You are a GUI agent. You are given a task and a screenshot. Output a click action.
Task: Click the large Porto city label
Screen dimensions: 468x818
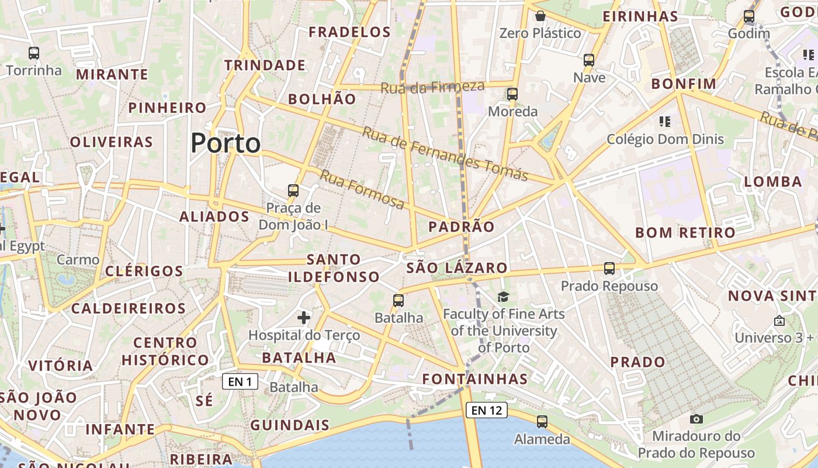(226, 143)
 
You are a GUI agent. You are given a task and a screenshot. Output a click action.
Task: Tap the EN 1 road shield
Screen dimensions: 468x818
(240, 382)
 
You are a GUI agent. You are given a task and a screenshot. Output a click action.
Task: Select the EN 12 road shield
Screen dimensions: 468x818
(486, 410)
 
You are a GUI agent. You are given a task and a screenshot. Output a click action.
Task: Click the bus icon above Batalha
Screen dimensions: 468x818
(398, 301)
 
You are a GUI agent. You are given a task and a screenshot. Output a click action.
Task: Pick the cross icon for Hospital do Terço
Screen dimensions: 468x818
(304, 318)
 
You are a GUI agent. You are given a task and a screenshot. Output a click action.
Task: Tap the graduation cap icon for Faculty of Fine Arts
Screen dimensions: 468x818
(504, 297)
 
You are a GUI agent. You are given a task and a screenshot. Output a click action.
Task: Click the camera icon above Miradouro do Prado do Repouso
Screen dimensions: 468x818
(696, 419)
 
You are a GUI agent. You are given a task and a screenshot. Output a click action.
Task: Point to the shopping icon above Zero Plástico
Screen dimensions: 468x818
(540, 16)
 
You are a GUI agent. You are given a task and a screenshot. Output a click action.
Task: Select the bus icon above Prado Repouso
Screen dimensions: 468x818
(609, 269)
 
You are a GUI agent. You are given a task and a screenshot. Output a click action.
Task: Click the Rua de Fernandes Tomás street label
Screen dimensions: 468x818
(445, 153)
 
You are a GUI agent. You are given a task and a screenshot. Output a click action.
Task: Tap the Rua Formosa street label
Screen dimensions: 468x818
(362, 190)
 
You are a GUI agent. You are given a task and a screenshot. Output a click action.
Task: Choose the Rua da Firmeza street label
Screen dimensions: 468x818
(432, 87)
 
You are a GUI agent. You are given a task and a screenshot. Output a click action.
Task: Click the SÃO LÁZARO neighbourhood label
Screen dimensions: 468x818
(457, 268)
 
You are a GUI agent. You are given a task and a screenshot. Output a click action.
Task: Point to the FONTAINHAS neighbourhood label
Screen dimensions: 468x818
(475, 378)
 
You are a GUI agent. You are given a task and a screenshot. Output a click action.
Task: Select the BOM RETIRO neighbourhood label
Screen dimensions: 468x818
(685, 232)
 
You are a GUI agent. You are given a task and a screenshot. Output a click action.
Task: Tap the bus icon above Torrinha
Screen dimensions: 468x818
(34, 53)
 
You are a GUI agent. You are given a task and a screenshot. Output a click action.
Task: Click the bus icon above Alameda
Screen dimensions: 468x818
(542, 421)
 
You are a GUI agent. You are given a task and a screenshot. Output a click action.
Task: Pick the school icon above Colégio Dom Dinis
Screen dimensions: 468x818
(664, 122)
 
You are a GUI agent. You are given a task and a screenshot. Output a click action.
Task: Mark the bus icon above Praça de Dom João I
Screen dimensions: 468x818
(293, 191)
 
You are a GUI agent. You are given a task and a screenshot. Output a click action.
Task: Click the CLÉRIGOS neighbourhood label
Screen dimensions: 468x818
(144, 271)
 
